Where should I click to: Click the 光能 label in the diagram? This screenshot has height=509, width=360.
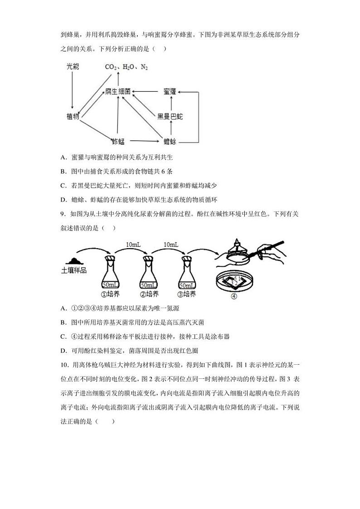[73, 67]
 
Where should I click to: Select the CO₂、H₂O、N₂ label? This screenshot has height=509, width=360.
[126, 67]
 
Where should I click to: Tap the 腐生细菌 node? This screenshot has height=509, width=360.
[118, 92]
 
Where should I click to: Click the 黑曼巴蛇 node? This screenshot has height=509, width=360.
[170, 117]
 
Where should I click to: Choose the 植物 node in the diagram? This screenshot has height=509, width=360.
[73, 117]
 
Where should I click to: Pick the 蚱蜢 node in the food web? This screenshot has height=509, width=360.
[118, 142]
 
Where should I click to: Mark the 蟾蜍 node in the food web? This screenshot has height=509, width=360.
[170, 142]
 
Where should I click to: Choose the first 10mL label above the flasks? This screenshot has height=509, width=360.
[133, 245]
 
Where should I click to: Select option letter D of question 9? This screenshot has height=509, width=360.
[63, 350]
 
